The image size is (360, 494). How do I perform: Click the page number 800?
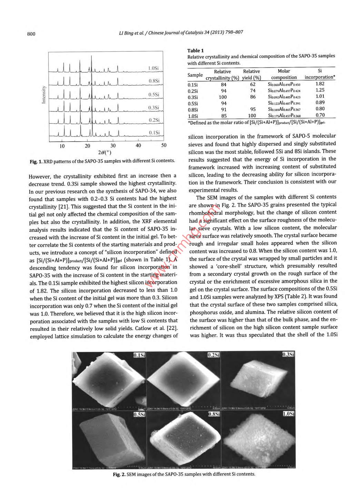point(31,33)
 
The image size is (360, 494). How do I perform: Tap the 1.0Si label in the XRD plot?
point(153,68)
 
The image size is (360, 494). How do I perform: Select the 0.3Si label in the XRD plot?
point(153,108)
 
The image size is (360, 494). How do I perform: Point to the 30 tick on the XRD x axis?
point(113,145)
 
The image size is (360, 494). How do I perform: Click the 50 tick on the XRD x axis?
point(164,145)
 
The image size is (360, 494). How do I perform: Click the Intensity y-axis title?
point(44,94)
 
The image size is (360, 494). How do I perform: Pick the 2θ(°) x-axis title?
point(104,152)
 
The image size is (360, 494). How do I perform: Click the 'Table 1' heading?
point(196,50)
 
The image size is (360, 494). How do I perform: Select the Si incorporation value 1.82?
point(320,84)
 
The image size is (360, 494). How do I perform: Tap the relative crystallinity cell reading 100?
point(223,97)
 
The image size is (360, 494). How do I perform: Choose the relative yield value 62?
point(253,84)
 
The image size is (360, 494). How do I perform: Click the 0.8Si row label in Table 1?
point(193,110)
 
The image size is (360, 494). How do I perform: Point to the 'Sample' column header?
point(195,75)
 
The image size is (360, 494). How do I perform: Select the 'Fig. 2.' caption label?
point(119,474)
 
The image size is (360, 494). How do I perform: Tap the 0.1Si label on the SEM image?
point(139,355)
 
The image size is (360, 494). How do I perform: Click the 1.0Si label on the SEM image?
point(288,414)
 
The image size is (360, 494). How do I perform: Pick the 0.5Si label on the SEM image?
point(139,414)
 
